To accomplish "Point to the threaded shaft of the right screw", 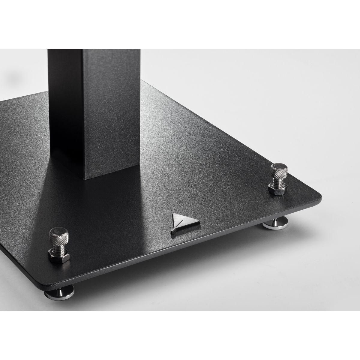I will [x=276, y=181].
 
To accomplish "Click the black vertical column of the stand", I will [x=90, y=105].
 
